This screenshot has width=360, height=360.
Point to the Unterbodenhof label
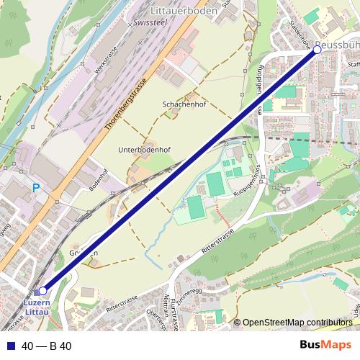[143, 150]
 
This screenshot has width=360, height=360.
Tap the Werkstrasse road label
[107, 63]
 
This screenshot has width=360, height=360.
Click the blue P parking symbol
[35, 188]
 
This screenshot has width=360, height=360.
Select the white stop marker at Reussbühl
[317, 50]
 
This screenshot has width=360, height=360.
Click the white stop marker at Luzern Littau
[42, 290]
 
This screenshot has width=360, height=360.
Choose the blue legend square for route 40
[9, 346]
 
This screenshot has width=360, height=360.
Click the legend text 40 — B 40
[46, 346]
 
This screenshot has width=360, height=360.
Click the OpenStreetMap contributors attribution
[297, 323]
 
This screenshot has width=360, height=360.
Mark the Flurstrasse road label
[175, 314]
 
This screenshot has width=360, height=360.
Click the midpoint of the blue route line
[180, 171]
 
